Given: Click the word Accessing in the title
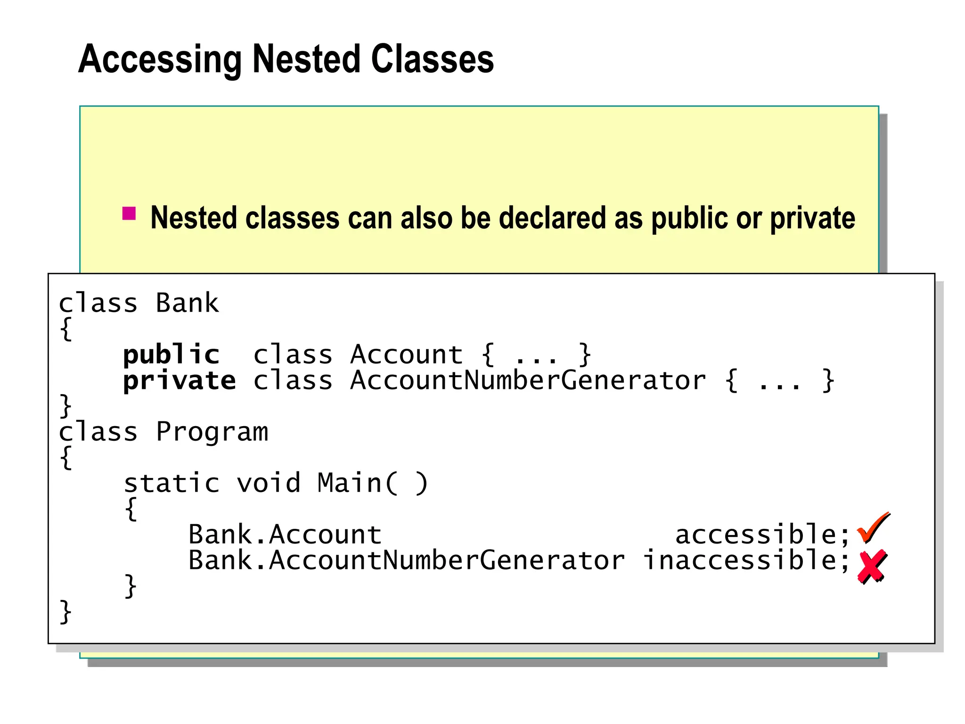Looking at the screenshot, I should [160, 60].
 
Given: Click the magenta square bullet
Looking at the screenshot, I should [129, 214].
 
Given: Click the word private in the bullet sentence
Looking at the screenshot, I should [812, 219].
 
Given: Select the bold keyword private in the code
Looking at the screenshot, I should [179, 381].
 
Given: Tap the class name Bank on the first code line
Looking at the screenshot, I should [187, 303].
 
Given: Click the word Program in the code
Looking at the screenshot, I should [212, 432].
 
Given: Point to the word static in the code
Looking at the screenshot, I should [172, 483].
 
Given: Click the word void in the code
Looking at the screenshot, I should [268, 483].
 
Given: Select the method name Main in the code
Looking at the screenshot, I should [349, 483].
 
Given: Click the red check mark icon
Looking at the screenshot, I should [873, 528].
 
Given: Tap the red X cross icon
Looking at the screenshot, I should [872, 567].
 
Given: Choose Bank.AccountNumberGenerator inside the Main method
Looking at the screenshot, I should [406, 560].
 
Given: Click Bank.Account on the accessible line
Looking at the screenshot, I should [285, 535].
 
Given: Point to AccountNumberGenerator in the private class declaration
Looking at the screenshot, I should [528, 381].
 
